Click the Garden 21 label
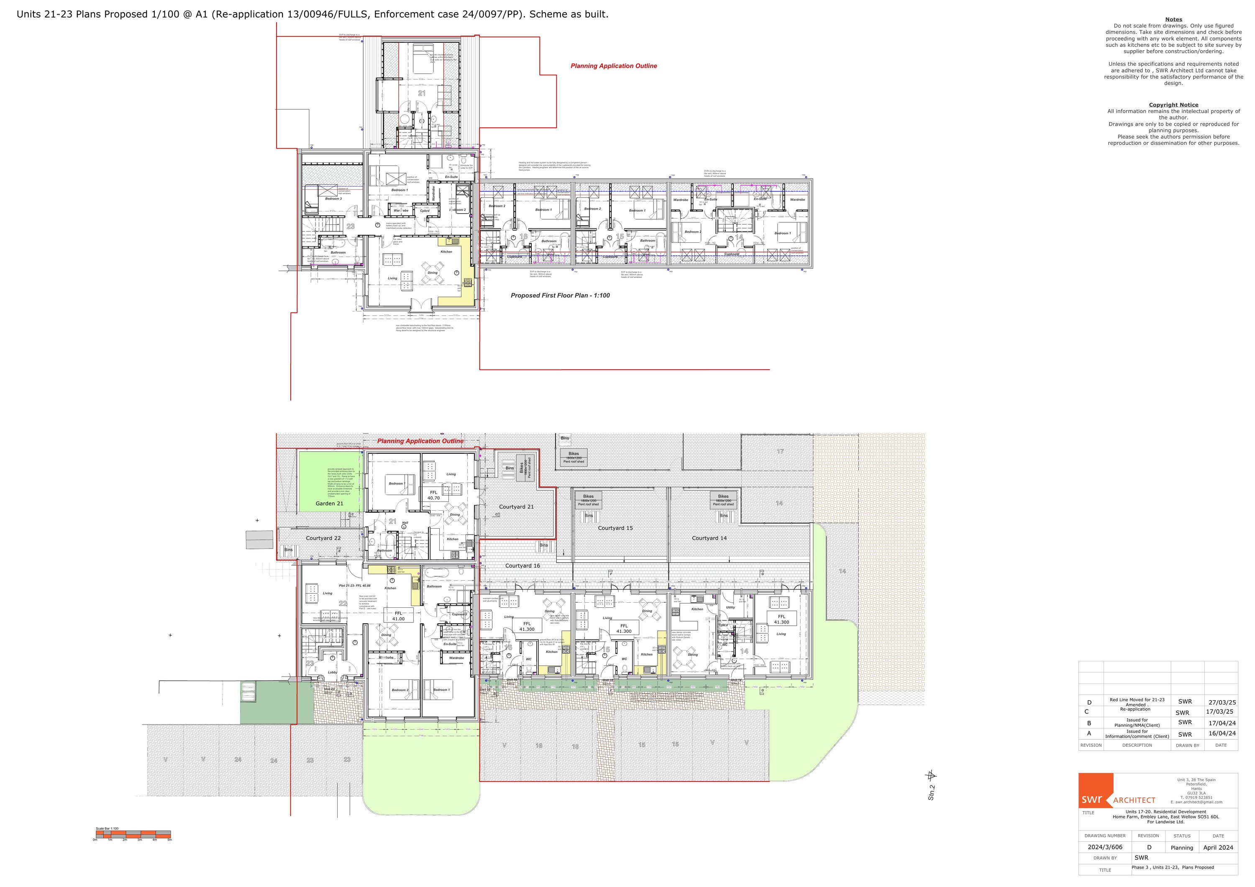click(x=329, y=504)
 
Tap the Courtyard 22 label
click(x=323, y=538)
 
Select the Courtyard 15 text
click(x=615, y=528)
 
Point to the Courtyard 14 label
click(x=709, y=538)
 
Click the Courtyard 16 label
click(x=522, y=566)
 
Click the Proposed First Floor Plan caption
click(x=560, y=295)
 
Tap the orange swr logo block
click(x=1095, y=791)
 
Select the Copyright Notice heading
click(x=1173, y=105)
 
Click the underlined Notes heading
click(x=1173, y=20)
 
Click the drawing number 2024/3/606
click(x=1105, y=847)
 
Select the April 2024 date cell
click(x=1218, y=848)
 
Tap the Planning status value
click(x=1181, y=848)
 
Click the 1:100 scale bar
click(x=133, y=835)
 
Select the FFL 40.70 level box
click(x=433, y=496)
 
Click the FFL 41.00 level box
click(x=399, y=616)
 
